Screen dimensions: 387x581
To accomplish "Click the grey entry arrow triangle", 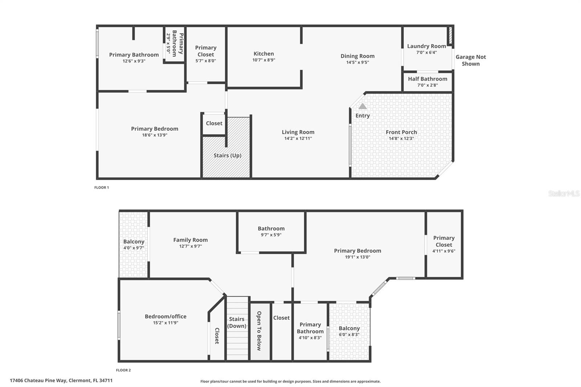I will coord(362,106).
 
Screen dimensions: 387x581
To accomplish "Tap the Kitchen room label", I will coord(264,54).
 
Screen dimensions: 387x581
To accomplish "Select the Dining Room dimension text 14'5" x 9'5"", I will coord(357,62).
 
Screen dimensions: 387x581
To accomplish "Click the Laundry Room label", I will coord(426,46).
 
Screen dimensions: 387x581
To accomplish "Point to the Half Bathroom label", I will coord(427,79).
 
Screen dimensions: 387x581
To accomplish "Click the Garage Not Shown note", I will coord(471,60).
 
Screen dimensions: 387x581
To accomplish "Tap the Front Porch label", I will coord(401,132).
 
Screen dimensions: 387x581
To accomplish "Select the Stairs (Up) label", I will coord(227,155).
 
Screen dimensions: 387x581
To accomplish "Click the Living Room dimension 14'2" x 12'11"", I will coord(298,138).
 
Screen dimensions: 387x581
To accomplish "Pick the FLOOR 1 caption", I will coord(102,188).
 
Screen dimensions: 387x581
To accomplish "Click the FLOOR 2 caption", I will coord(123,370).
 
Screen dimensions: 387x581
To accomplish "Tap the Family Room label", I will coord(190,240).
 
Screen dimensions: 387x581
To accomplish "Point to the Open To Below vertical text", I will coord(259,331).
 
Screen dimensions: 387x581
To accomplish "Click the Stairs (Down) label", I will coord(237,322).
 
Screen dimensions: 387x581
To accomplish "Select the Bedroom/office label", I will coord(166,317).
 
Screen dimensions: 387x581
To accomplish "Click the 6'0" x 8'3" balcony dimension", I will coord(349,335).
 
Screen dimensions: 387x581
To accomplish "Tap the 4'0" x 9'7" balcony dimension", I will coord(134,248).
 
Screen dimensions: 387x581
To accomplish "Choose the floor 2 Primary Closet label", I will coord(444,241).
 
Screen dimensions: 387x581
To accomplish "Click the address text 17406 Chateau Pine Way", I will coord(61,380).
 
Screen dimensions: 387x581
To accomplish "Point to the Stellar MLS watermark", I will coord(564,193).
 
